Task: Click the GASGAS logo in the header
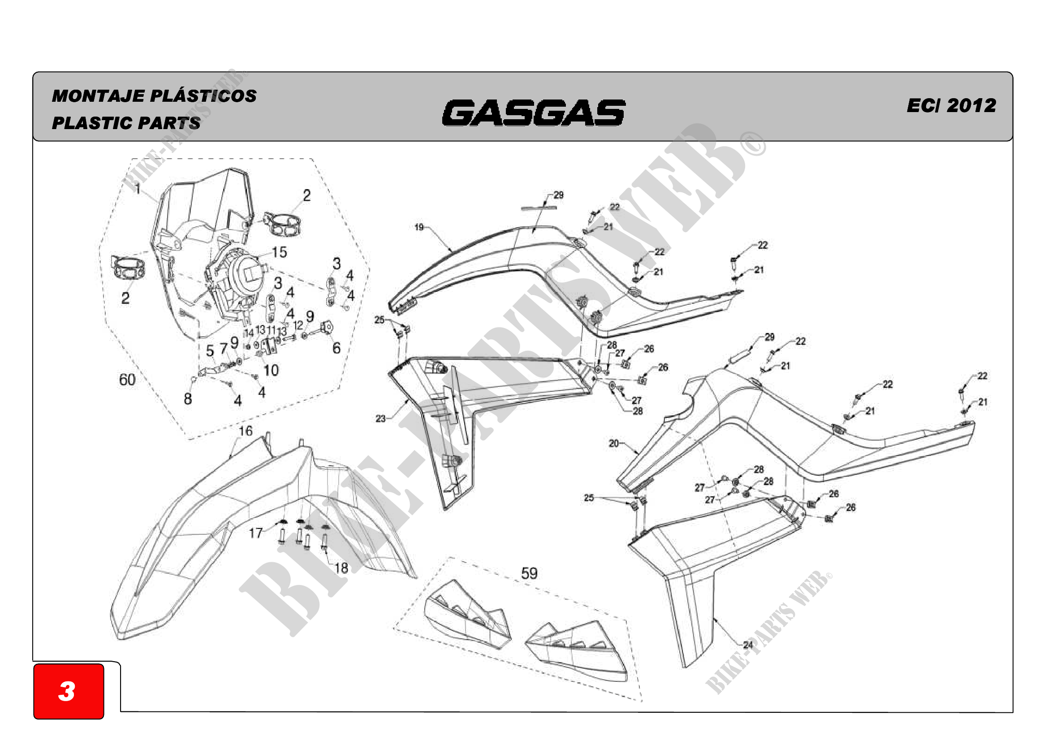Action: [x=533, y=113]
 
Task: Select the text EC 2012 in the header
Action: [x=951, y=105]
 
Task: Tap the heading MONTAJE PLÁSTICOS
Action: [x=154, y=96]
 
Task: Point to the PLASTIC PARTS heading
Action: [x=126, y=123]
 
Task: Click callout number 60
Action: [x=127, y=379]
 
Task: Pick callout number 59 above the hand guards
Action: [x=529, y=573]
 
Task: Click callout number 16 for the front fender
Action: [x=246, y=431]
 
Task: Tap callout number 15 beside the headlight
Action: [x=279, y=252]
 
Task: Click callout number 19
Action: [x=419, y=227]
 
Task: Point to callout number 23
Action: [x=380, y=418]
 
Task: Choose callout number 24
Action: [x=748, y=645]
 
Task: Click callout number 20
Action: [x=613, y=443]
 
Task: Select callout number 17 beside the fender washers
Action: [x=255, y=533]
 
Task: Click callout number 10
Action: [x=271, y=370]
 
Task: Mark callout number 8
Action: [x=188, y=399]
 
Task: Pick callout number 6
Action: [x=336, y=348]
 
